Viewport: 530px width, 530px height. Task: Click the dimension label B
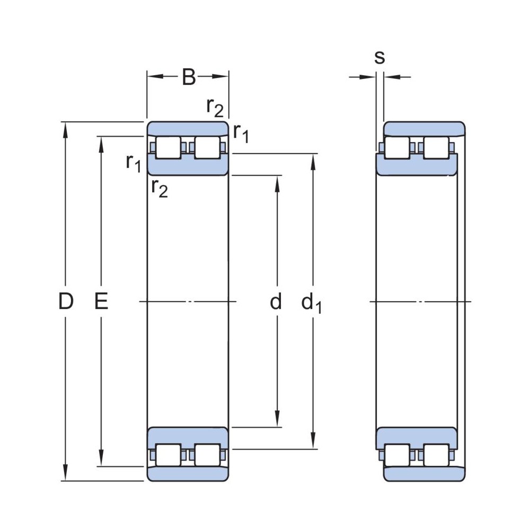[189, 77]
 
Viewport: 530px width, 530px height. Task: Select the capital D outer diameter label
[65, 302]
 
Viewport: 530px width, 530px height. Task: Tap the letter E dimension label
[101, 302]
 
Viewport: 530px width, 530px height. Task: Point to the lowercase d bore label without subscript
[276, 302]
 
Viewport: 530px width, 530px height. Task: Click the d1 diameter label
[311, 303]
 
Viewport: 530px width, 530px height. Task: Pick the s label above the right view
[379, 57]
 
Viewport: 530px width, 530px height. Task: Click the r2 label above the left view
[215, 107]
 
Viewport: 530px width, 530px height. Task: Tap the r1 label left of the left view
[133, 163]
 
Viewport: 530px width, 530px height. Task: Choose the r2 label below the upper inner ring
[159, 188]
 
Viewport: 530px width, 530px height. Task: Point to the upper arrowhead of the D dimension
[66, 128]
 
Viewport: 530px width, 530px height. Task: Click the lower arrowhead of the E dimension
[101, 461]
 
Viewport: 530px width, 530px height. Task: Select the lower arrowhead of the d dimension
[276, 421]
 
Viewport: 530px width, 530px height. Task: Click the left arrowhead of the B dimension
[153, 77]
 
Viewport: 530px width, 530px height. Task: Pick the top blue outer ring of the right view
[424, 128]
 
